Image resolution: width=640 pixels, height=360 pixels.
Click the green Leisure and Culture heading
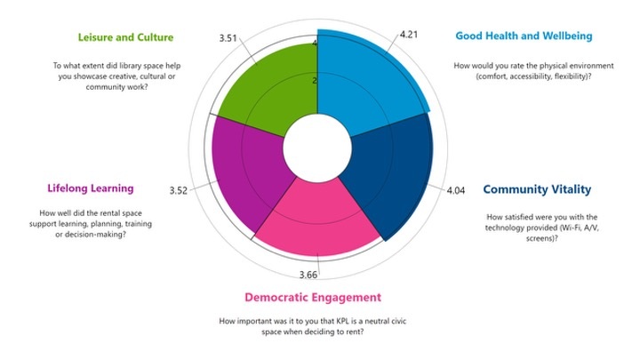pyautogui.click(x=125, y=37)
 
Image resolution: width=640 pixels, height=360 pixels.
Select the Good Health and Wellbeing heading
pyautogui.click(x=524, y=36)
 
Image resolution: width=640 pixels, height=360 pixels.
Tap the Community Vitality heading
pyautogui.click(x=537, y=189)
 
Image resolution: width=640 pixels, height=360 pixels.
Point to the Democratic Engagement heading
pyautogui.click(x=313, y=297)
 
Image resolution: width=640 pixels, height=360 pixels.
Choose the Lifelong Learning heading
pyautogui.click(x=91, y=188)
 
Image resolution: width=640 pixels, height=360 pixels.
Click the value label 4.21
pyautogui.click(x=409, y=35)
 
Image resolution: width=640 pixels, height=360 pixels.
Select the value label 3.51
pyautogui.click(x=228, y=38)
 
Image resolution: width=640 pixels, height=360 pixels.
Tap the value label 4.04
pyautogui.click(x=455, y=190)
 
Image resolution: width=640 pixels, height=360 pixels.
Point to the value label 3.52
pyautogui.click(x=179, y=191)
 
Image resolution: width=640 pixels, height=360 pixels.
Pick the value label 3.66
pyautogui.click(x=308, y=275)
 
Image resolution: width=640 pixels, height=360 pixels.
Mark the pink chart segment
pyautogui.click(x=317, y=220)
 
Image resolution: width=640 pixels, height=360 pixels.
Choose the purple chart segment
pyautogui.click(x=245, y=172)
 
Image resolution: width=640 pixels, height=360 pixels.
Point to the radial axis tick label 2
pyautogui.click(x=315, y=81)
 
